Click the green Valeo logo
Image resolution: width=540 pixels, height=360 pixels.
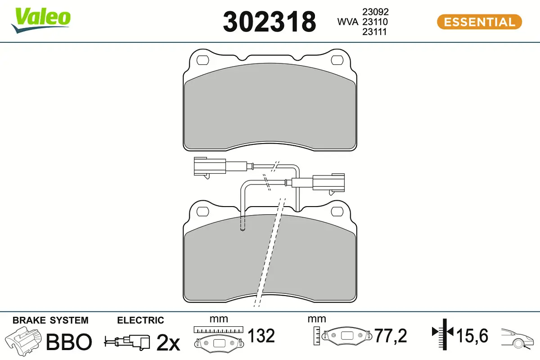coord(41,20)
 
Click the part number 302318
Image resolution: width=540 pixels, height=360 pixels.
coord(269,22)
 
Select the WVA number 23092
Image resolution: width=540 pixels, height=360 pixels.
coord(375,12)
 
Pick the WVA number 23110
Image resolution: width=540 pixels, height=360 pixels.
coord(375,22)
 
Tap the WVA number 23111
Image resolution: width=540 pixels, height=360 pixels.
coord(374,31)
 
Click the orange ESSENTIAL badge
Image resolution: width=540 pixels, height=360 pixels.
coord(479,22)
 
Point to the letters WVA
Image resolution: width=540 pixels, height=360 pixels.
coord(347,22)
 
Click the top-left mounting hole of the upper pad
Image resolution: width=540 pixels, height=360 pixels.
coord(203,60)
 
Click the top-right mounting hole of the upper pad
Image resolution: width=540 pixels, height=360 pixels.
coord(337,60)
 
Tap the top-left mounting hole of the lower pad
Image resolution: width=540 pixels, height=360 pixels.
coord(203,211)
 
